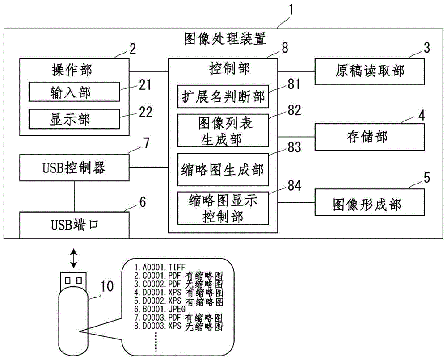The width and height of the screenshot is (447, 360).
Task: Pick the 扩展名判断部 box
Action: tap(223, 96)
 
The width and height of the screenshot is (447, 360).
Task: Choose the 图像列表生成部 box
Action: tap(223, 130)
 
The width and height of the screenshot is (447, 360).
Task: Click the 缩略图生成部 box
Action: tap(223, 169)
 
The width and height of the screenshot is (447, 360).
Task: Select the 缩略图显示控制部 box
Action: tap(223, 208)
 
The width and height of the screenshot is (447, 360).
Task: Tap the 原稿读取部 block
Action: tap(369, 71)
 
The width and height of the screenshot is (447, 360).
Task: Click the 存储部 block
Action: tap(369, 136)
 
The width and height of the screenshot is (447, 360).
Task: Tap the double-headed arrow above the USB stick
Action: tap(73, 258)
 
